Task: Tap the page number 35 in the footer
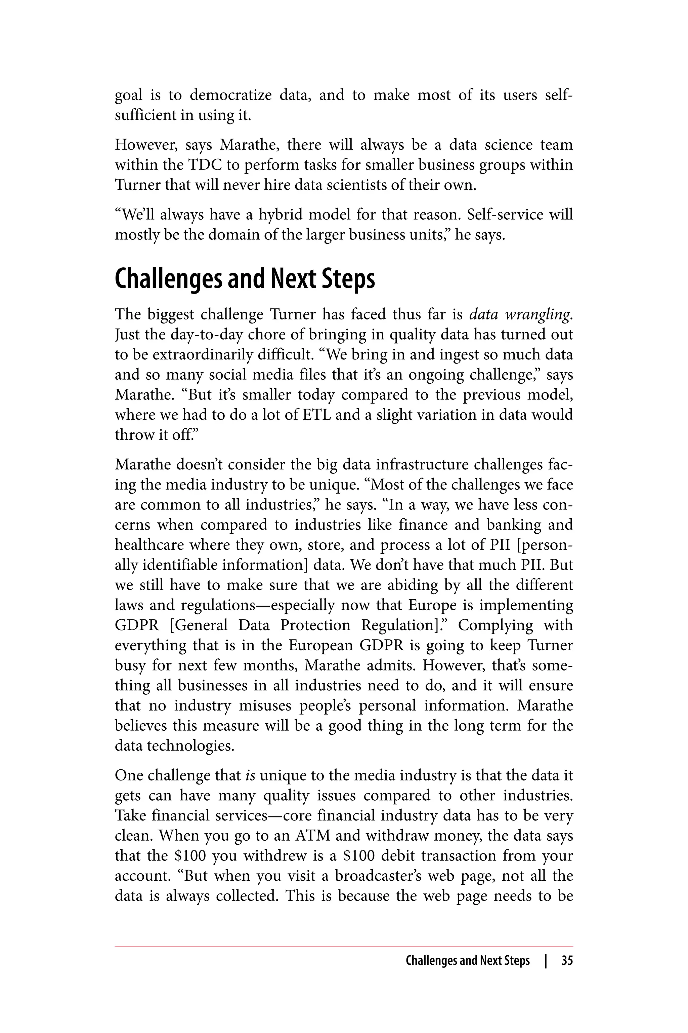coord(567,960)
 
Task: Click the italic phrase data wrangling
coord(520,314)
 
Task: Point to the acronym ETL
coord(317,415)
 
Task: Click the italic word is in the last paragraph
coord(251,775)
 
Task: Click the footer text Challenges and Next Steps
coord(467,960)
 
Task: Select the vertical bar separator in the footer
coord(546,960)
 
